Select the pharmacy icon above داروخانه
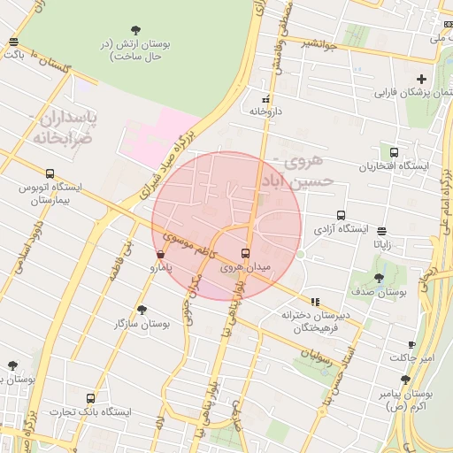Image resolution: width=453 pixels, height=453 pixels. (265, 99)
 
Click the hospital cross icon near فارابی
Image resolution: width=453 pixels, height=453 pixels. (422, 79)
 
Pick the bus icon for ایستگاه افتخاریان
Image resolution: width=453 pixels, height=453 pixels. (394, 152)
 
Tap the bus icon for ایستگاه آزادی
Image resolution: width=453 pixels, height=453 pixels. (342, 215)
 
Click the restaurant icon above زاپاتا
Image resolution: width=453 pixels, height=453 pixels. (381, 231)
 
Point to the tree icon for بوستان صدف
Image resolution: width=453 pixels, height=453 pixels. (379, 278)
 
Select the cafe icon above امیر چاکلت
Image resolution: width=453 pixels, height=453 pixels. (411, 345)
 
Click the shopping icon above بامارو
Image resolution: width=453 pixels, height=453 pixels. (159, 253)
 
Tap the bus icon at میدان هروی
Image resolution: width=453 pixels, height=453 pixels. (246, 254)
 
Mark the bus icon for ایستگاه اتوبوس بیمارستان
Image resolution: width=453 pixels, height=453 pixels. (50, 173)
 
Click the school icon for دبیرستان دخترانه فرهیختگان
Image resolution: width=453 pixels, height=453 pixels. (314, 302)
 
